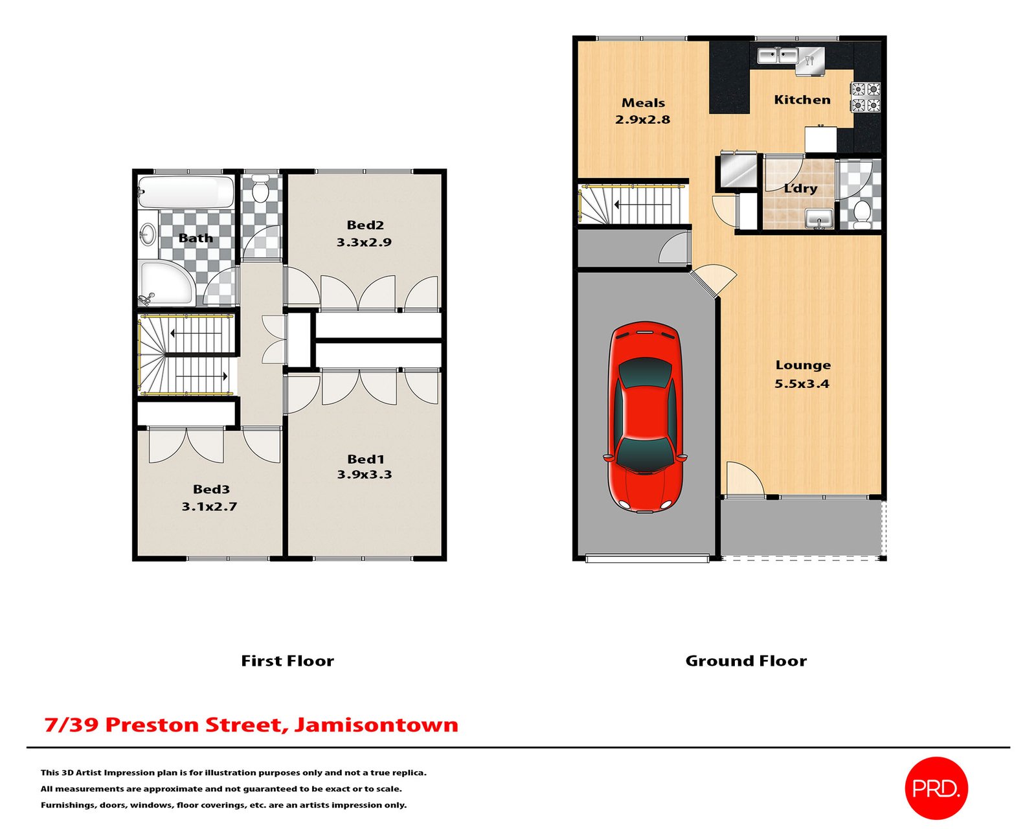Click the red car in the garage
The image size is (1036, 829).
(x=645, y=416)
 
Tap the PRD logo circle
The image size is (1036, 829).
(x=936, y=788)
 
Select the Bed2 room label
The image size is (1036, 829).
(x=365, y=225)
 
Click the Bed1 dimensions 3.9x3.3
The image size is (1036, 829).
(x=365, y=475)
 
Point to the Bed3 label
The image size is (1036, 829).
(x=211, y=490)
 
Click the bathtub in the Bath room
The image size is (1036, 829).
(x=186, y=192)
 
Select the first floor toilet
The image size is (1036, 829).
(x=261, y=190)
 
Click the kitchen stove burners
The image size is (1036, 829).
(x=866, y=97)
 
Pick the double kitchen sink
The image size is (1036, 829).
(x=778, y=56)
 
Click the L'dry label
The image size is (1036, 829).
(x=800, y=188)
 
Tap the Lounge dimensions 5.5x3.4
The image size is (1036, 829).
(x=802, y=383)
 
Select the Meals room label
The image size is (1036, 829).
(x=643, y=103)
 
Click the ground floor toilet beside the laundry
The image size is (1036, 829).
(x=862, y=212)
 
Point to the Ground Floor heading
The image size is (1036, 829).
(x=746, y=661)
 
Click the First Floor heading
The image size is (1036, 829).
(x=287, y=661)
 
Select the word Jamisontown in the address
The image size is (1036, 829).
(x=376, y=725)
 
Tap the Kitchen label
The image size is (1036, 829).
(x=802, y=100)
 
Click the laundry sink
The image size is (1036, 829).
(x=820, y=218)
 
